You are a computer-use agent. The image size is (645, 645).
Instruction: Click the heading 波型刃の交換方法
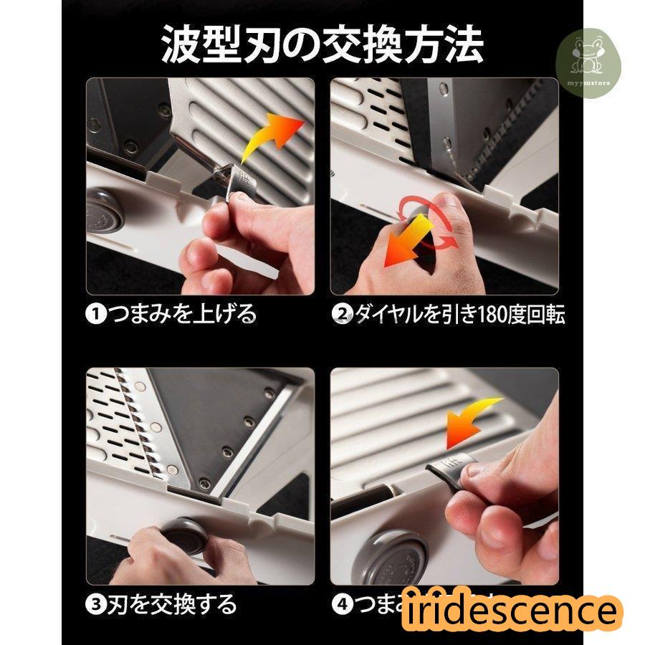[322, 44]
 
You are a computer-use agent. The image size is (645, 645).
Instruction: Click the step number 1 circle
[96, 314]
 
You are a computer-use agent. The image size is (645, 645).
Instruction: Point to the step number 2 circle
[342, 314]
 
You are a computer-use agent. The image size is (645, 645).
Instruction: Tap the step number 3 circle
[96, 604]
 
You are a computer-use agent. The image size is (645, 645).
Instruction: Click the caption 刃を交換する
[172, 604]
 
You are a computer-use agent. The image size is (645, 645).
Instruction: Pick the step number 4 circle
[342, 604]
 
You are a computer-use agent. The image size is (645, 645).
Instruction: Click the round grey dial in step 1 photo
[106, 212]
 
